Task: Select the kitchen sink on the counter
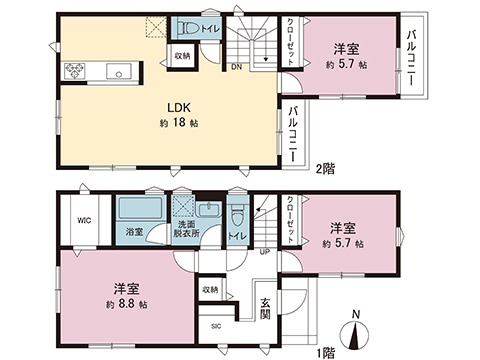[x=118, y=70]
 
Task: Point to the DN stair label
[x=236, y=68]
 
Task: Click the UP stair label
[x=264, y=252]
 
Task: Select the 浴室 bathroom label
[x=133, y=232]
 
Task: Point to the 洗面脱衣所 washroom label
[x=187, y=229]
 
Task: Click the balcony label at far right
[x=412, y=59]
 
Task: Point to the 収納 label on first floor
[x=209, y=290]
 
